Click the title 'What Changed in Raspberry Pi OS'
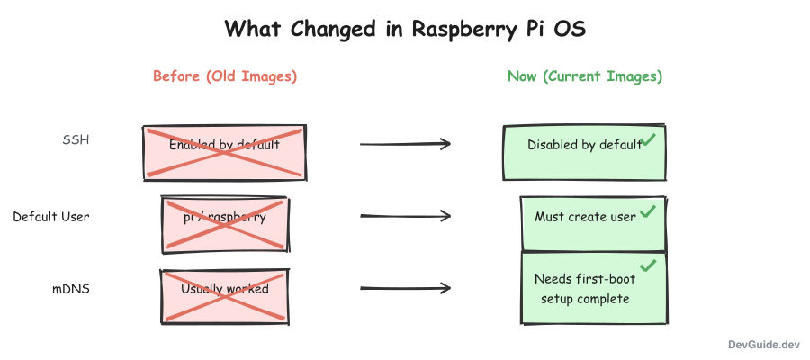pyautogui.click(x=405, y=29)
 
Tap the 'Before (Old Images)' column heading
pyautogui.click(x=225, y=76)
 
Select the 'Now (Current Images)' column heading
pyautogui.click(x=585, y=76)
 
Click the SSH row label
pyautogui.click(x=76, y=140)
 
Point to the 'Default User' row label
pyautogui.click(x=51, y=217)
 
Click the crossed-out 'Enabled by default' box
pyautogui.click(x=225, y=153)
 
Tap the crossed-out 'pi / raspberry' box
pyautogui.click(x=225, y=223)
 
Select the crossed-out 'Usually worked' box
pyautogui.click(x=225, y=294)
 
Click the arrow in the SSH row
pyautogui.click(x=405, y=144)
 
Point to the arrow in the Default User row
pyautogui.click(x=405, y=216)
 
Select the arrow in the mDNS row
pyautogui.click(x=405, y=289)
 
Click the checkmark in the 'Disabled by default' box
pyautogui.click(x=648, y=140)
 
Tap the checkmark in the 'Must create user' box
pyautogui.click(x=648, y=213)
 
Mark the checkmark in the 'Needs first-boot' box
pyautogui.click(x=648, y=265)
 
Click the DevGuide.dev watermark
pyautogui.click(x=764, y=344)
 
